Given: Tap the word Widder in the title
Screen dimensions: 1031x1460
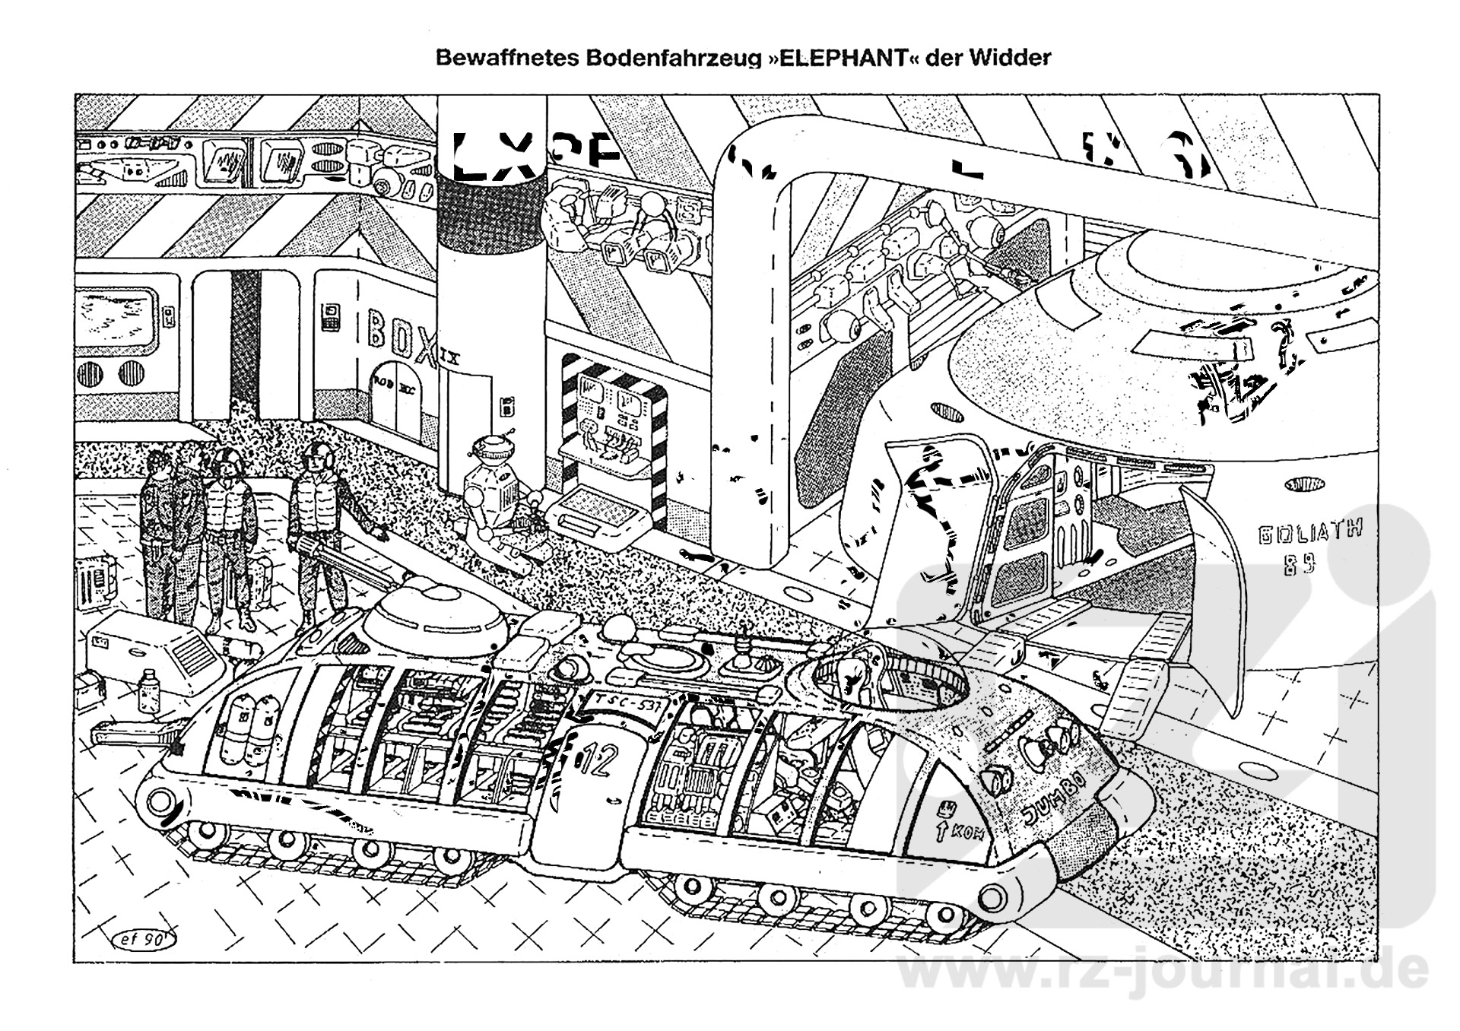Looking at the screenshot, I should pyautogui.click(x=1010, y=58).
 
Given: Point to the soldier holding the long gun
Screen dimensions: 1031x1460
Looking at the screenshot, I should pyautogui.click(x=316, y=525).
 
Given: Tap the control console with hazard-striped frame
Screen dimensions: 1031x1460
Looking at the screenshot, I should pyautogui.click(x=613, y=441).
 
